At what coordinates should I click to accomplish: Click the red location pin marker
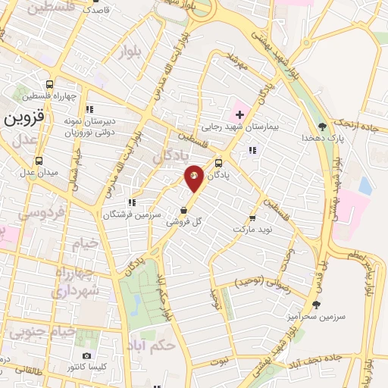click(x=195, y=177)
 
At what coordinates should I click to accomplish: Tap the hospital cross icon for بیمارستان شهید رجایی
click(x=240, y=114)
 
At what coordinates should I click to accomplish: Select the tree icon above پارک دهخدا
click(x=323, y=126)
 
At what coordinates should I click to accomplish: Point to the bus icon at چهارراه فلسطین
click(x=49, y=84)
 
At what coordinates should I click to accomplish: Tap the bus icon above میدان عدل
click(x=39, y=160)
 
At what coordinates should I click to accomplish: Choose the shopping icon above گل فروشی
click(x=183, y=209)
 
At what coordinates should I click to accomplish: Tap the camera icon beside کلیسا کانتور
click(x=86, y=355)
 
